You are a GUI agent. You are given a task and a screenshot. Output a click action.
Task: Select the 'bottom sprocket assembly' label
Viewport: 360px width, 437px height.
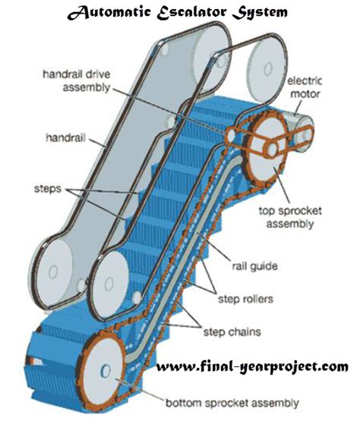click(231, 403)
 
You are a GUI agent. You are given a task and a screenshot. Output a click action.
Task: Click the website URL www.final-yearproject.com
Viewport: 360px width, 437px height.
click(252, 367)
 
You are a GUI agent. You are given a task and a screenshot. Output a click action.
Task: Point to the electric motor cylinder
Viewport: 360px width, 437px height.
click(308, 125)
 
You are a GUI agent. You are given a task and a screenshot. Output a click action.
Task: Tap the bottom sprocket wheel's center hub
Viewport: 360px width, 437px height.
click(106, 369)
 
